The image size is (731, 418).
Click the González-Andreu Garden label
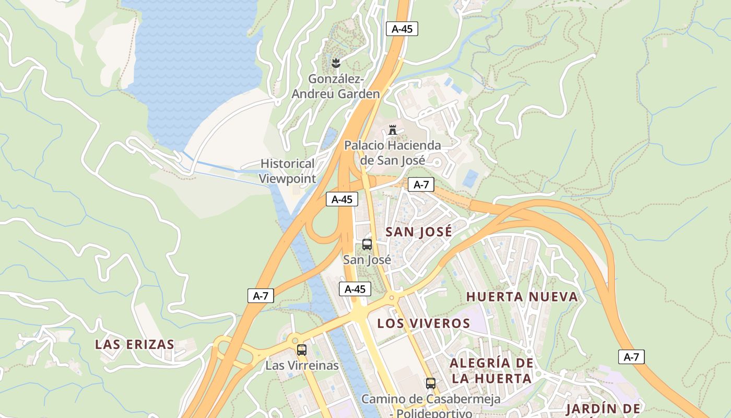click(335, 87)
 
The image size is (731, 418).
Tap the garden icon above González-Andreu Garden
click(336, 63)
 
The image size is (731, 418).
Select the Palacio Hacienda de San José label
click(392, 153)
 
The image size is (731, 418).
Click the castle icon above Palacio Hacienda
click(393, 130)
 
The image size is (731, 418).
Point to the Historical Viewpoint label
click(288, 171)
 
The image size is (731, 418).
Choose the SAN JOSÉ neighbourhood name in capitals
click(419, 232)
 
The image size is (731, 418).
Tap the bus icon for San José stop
click(367, 244)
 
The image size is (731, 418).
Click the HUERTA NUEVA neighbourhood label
click(522, 297)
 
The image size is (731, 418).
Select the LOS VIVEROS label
click(423, 323)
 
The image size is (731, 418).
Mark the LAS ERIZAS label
click(135, 344)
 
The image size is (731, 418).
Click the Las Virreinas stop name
click(302, 365)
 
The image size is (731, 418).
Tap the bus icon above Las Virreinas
click(302, 350)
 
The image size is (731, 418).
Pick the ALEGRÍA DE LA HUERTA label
click(491, 370)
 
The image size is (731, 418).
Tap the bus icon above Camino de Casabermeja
click(430, 383)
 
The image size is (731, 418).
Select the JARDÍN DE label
click(603, 409)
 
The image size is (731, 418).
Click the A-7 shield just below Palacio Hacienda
click(421, 184)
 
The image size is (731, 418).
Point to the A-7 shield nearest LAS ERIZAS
click(261, 296)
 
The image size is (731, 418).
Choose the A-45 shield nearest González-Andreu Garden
click(402, 29)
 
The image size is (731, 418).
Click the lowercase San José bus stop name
click(367, 259)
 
